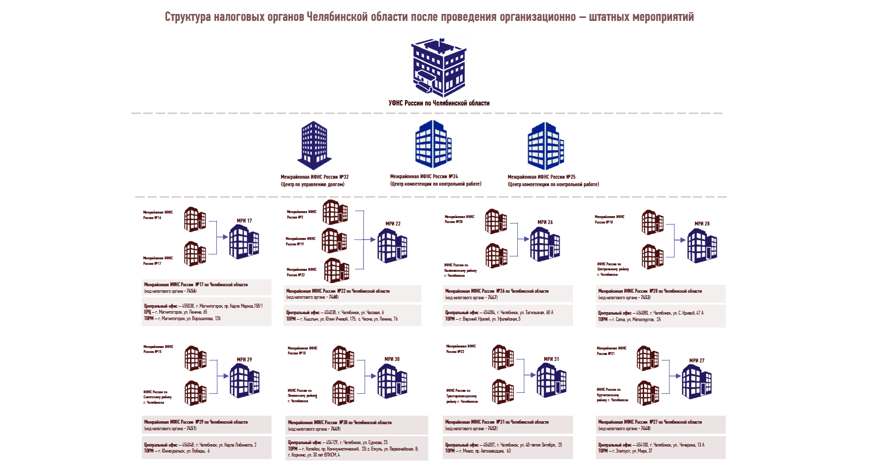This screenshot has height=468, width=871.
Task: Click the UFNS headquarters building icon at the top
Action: (x=439, y=68)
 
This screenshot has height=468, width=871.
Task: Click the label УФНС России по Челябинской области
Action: (x=439, y=103)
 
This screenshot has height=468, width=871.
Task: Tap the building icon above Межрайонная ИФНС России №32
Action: (x=314, y=145)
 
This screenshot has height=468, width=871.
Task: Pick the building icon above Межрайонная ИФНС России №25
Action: (x=546, y=145)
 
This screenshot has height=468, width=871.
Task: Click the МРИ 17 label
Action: (x=244, y=221)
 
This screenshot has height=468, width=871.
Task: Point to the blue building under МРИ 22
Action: (x=392, y=245)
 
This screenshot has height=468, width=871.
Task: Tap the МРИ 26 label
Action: (x=545, y=222)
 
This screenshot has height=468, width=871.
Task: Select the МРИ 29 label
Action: (x=244, y=359)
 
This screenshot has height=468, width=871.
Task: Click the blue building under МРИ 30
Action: (x=392, y=381)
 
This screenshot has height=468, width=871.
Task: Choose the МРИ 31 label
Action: (x=551, y=359)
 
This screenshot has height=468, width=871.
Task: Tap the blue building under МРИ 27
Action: (x=696, y=382)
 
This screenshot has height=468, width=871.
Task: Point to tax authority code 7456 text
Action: (x=191, y=291)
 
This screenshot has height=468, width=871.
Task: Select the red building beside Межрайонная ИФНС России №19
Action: (x=334, y=240)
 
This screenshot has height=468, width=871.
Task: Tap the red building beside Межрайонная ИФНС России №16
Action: (x=195, y=220)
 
